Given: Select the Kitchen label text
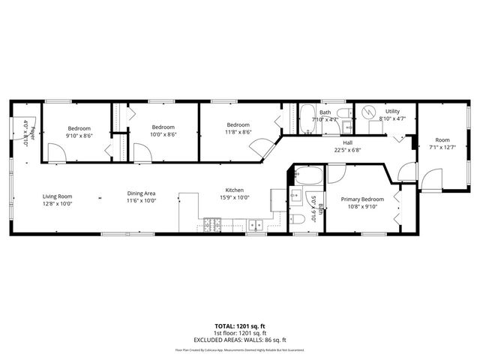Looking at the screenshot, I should pos(235,190).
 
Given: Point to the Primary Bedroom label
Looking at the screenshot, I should pos(362,199).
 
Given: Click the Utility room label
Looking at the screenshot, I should pos(392,111).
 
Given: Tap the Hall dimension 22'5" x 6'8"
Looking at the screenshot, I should pos(347,149).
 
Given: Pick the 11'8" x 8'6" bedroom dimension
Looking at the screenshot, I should pos(238,132).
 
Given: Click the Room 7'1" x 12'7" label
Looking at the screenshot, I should pos(442,143).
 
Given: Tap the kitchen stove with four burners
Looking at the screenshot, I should pos(212,223).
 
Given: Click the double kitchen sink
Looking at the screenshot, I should pos(256,223).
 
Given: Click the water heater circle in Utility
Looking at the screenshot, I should pos(367,112).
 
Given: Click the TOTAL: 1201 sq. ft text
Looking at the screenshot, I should pos(239,326).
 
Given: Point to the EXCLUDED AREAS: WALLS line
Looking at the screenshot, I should pos(239,340).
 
